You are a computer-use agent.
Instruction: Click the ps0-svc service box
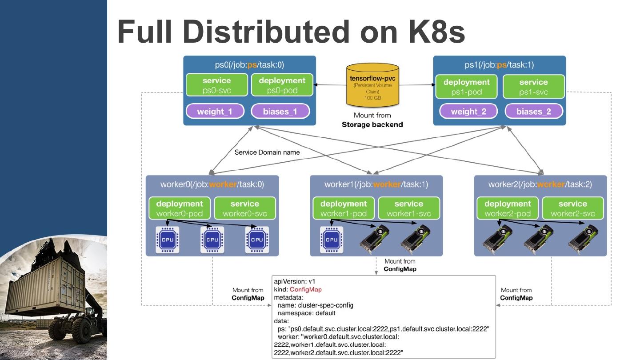tap(216, 85)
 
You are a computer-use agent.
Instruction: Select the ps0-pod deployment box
tap(282, 85)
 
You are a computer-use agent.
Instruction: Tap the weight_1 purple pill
tap(215, 111)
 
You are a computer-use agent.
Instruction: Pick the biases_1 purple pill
tap(280, 111)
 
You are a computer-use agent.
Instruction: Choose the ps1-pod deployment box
tap(466, 87)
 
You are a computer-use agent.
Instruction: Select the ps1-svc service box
tap(534, 87)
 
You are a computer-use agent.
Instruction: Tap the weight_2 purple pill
tap(468, 111)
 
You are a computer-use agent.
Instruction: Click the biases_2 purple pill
tap(534, 111)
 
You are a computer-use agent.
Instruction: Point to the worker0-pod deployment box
tap(180, 208)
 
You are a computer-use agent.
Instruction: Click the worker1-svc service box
tap(409, 208)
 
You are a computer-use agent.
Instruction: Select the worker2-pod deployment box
tap(508, 208)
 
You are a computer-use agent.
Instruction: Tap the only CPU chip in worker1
tap(332, 240)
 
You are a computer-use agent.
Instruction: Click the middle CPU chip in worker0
tap(212, 240)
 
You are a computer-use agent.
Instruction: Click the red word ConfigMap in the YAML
tap(305, 289)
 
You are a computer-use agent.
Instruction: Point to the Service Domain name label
tap(267, 152)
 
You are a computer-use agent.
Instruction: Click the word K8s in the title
tap(437, 32)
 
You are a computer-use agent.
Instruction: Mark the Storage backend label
tap(372, 124)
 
